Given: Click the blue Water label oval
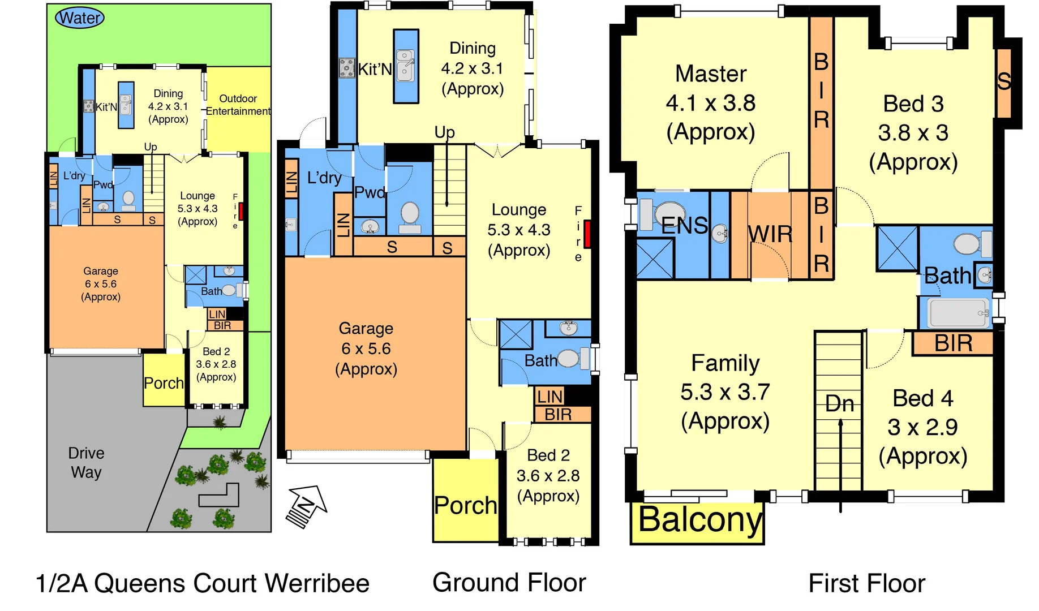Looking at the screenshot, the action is tap(80, 18).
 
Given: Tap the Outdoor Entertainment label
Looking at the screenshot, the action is tap(238, 105).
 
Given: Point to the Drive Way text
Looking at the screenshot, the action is tap(86, 462).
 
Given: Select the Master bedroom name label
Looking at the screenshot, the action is tap(711, 74).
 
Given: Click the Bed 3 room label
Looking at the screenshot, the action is tap(913, 104).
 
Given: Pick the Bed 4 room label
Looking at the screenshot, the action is tap(922, 398).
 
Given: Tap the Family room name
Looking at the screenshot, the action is tap(725, 363).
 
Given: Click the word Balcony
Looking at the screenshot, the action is tap(699, 519).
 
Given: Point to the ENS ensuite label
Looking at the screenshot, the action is tap(684, 226).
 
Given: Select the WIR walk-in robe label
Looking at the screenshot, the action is tap(770, 234).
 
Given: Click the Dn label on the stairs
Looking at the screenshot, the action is tap(839, 403).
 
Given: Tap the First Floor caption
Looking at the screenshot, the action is tap(866, 583).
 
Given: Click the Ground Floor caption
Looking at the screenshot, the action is tap(509, 583).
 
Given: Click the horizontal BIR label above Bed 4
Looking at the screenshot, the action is tap(953, 343).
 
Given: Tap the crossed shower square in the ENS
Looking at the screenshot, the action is tap(655, 259).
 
